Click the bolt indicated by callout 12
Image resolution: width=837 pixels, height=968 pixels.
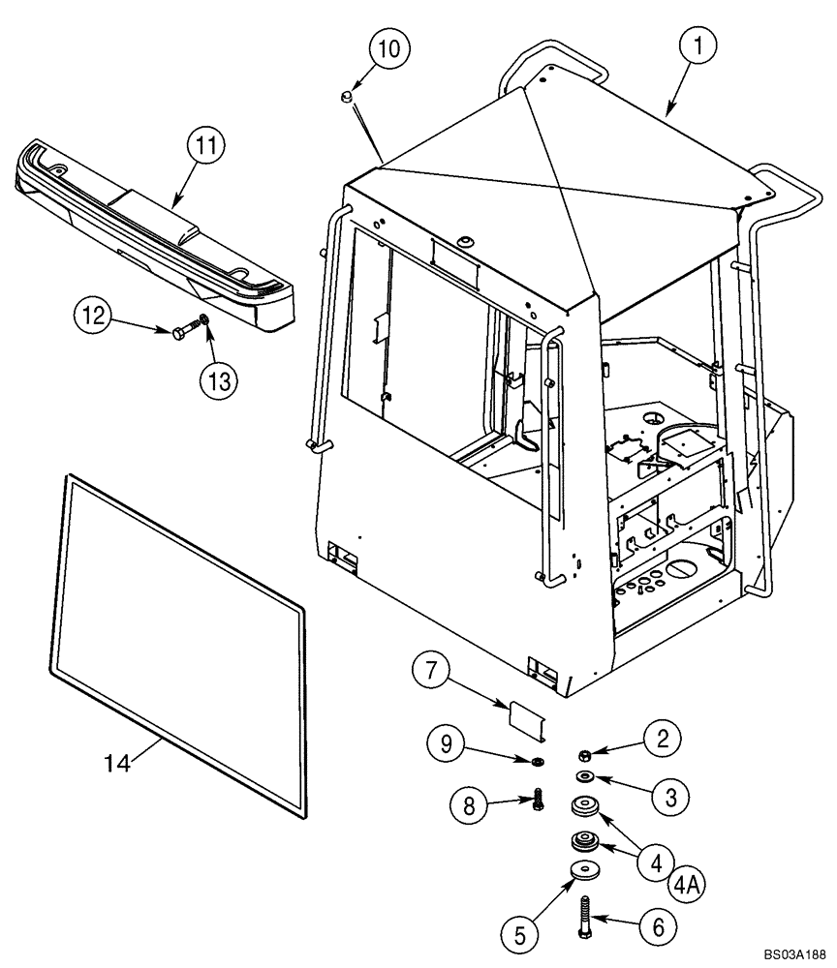coord(184,334)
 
